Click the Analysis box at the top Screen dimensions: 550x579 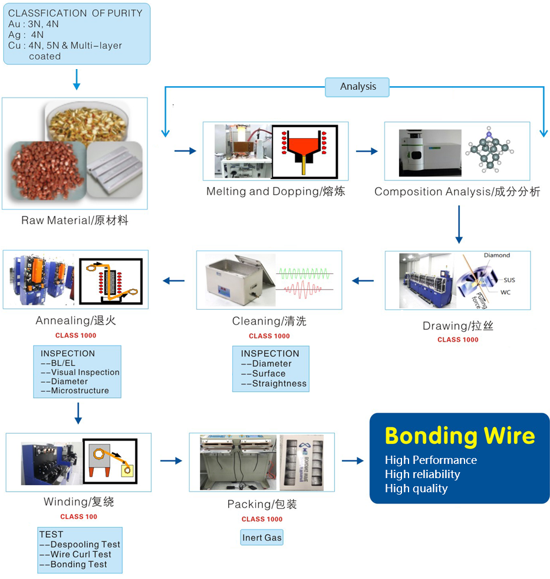pos(357,87)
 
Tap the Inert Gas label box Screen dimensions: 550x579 pos(262,537)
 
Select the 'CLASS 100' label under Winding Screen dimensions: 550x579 pos(78,516)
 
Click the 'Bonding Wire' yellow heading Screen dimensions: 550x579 pos(460,436)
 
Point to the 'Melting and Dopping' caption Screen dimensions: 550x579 pos(275,191)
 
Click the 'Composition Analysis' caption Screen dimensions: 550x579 pos(457,192)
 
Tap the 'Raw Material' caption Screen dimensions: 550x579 pos(75,221)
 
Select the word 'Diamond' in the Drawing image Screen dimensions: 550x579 pos(497,255)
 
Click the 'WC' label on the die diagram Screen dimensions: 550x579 pos(505,293)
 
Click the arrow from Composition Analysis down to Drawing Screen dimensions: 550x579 pos(459,224)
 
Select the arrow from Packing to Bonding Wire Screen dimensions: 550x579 pos(353,460)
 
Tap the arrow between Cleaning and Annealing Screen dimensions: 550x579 pos(173,281)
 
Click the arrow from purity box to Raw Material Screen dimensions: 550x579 pos(77,80)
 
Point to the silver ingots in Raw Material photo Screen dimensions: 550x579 pos(115,170)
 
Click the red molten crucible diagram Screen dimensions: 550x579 pos(305,152)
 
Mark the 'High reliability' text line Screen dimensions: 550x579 pos(422,474)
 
